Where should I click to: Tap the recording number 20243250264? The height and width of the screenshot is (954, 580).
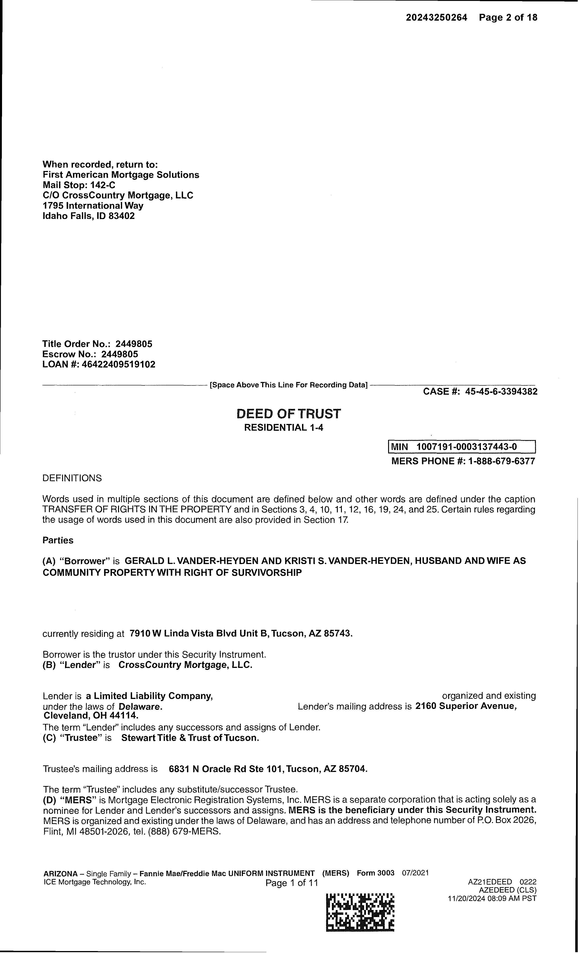[x=436, y=17]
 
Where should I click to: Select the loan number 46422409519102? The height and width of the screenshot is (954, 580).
[x=118, y=364]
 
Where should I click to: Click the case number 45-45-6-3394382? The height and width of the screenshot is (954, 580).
[x=501, y=392]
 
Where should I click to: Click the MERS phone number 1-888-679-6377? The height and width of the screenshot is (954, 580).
[x=501, y=461]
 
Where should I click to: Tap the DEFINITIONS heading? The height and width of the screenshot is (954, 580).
[x=72, y=478]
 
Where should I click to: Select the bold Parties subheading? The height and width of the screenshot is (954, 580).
[x=58, y=540]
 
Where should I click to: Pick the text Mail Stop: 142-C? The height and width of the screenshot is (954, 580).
[x=79, y=185]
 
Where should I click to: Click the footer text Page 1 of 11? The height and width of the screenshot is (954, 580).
[x=291, y=883]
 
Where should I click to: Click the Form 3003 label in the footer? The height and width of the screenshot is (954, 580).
[x=375, y=873]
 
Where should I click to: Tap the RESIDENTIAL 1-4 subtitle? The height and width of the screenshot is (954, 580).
[x=284, y=427]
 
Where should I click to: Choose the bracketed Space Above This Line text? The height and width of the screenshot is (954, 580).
[x=288, y=385]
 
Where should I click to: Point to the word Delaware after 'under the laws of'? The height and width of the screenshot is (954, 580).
[x=140, y=707]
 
